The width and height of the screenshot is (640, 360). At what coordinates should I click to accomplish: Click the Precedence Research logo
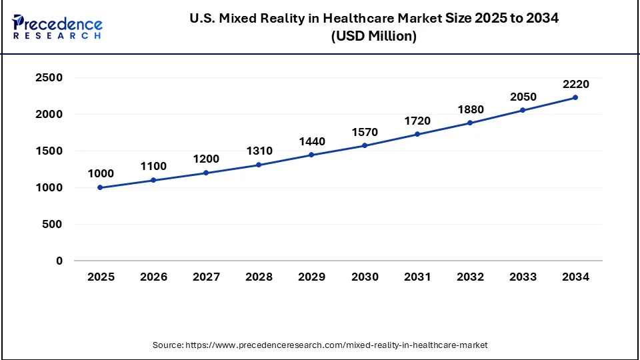click(x=57, y=27)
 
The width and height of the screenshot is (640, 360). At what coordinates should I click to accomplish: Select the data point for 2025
click(x=101, y=187)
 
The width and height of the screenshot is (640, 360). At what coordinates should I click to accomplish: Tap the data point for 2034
click(x=575, y=97)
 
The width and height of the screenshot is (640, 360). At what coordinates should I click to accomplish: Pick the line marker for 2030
click(x=365, y=145)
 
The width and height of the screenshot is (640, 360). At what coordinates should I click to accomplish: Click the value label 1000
click(x=101, y=173)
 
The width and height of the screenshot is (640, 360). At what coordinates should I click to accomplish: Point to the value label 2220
click(x=575, y=84)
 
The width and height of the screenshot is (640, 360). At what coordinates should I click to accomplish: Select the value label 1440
click(x=312, y=141)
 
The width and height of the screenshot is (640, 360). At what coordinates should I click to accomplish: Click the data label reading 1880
click(x=470, y=109)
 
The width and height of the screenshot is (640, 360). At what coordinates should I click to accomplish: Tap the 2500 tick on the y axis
click(x=49, y=78)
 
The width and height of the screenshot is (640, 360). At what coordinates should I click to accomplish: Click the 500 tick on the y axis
click(x=53, y=225)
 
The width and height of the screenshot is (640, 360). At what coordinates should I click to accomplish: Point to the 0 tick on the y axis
click(x=59, y=261)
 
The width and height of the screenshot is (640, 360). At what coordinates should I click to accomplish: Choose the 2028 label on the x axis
click(x=259, y=277)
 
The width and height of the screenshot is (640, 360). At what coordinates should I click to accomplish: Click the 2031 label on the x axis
click(x=417, y=277)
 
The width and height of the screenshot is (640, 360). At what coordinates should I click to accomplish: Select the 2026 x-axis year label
click(x=153, y=277)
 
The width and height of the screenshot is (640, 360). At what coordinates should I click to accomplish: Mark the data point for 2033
click(x=523, y=110)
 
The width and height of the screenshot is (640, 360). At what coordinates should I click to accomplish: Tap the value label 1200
click(x=206, y=159)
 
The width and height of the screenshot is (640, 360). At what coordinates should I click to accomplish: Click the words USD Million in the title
click(x=374, y=37)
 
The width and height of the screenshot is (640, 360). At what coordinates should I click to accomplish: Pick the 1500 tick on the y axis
click(x=49, y=151)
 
